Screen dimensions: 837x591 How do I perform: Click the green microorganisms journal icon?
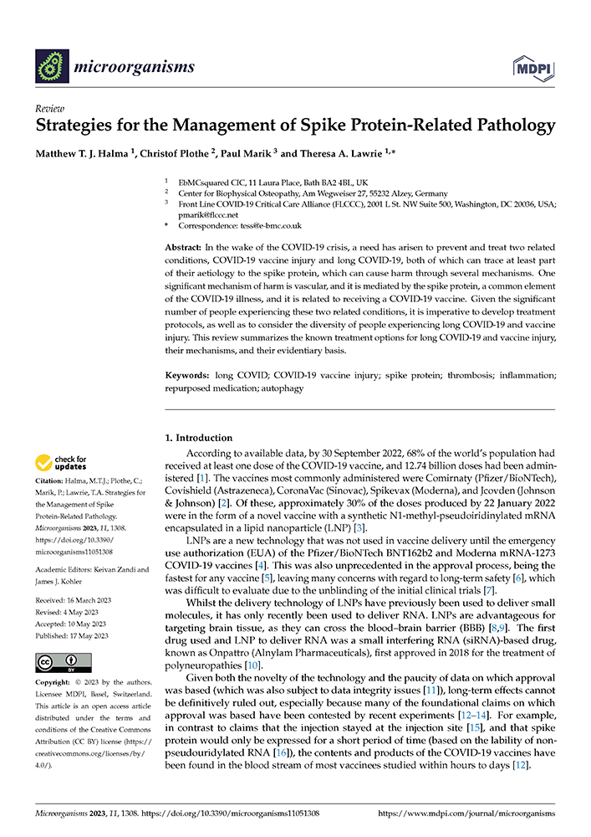click(x=53, y=66)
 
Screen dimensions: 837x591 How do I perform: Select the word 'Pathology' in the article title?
click(x=507, y=127)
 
